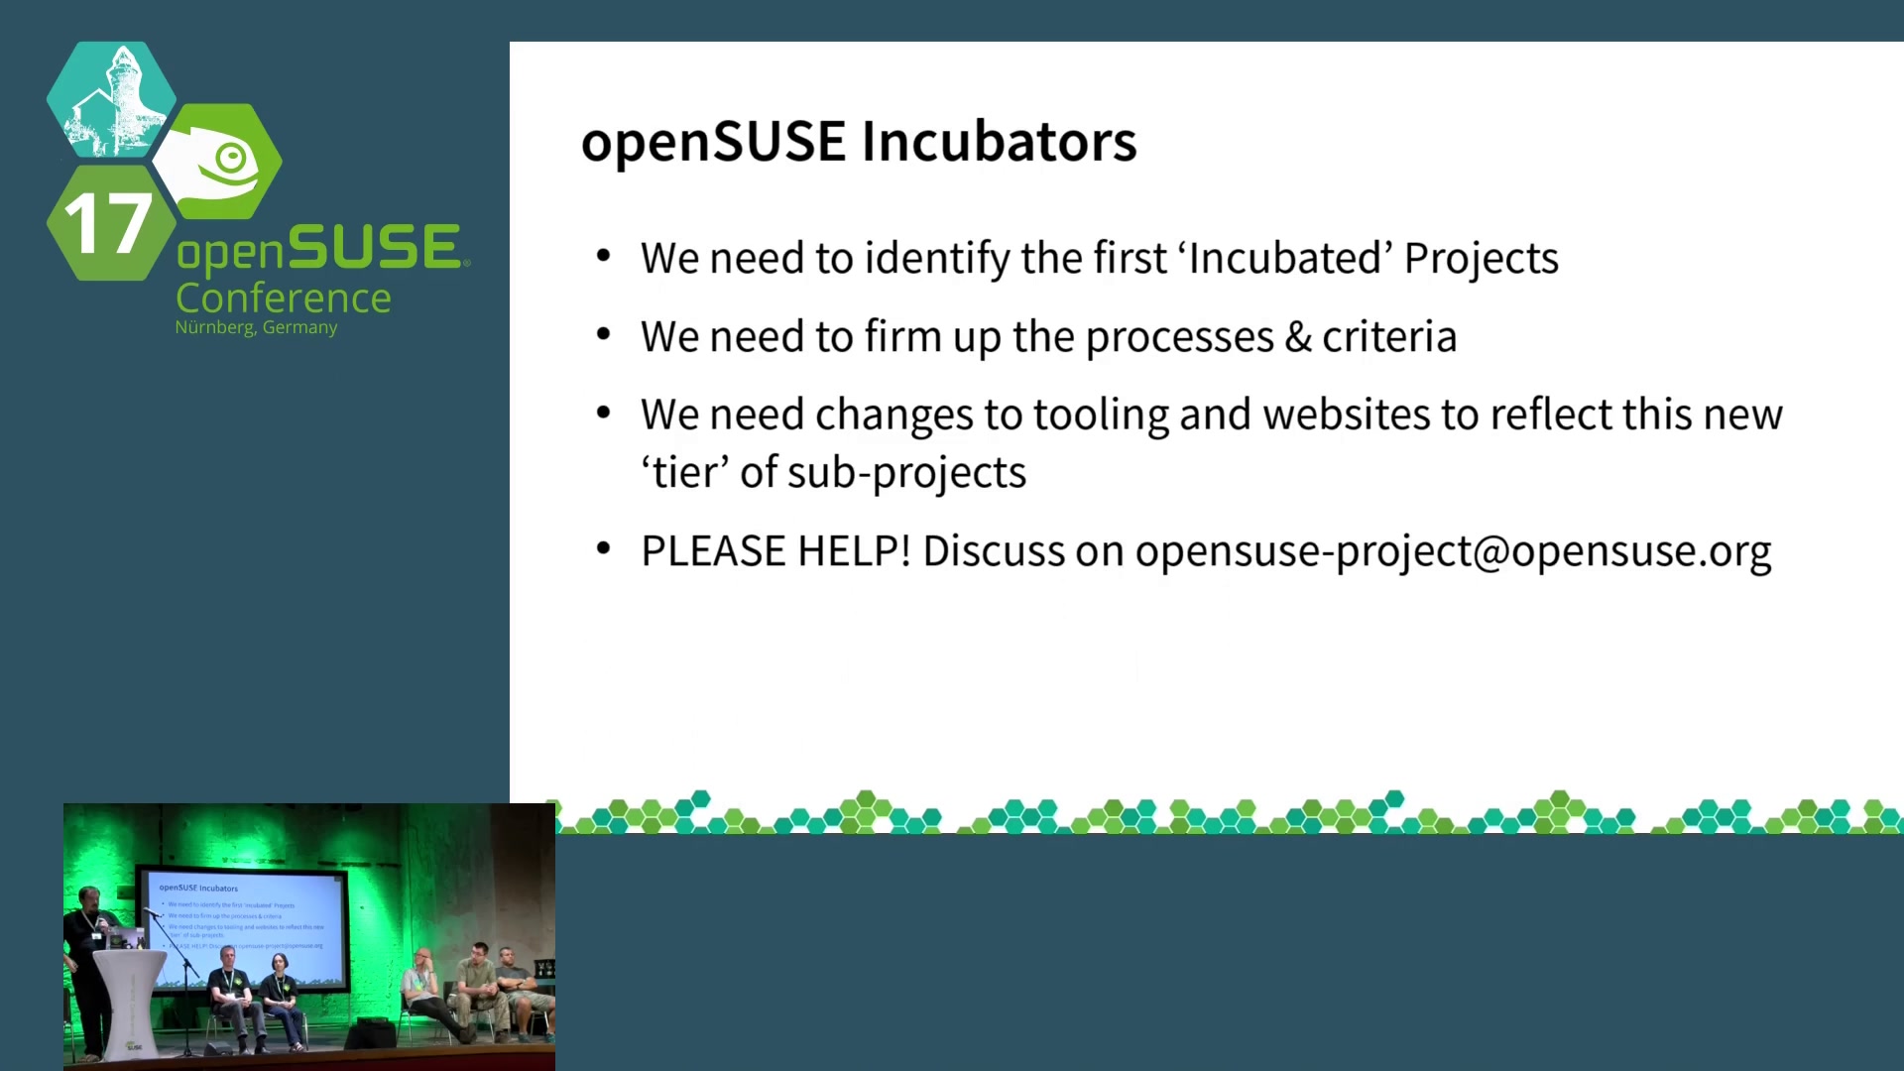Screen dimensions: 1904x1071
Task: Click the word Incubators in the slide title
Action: [1000, 141]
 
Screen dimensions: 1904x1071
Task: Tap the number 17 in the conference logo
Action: [108, 223]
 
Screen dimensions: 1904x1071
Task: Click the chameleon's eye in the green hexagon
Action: [232, 157]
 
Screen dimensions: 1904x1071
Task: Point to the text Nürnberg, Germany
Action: [256, 327]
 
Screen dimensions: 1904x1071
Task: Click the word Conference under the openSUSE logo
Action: [284, 297]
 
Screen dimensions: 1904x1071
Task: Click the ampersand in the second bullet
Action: [1298, 337]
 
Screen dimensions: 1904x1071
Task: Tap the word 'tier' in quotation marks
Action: [685, 472]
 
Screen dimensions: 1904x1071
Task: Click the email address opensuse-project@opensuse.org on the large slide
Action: [1453, 552]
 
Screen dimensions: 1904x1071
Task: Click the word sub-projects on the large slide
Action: [906, 473]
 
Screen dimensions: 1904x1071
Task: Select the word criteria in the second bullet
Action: [1389, 337]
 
